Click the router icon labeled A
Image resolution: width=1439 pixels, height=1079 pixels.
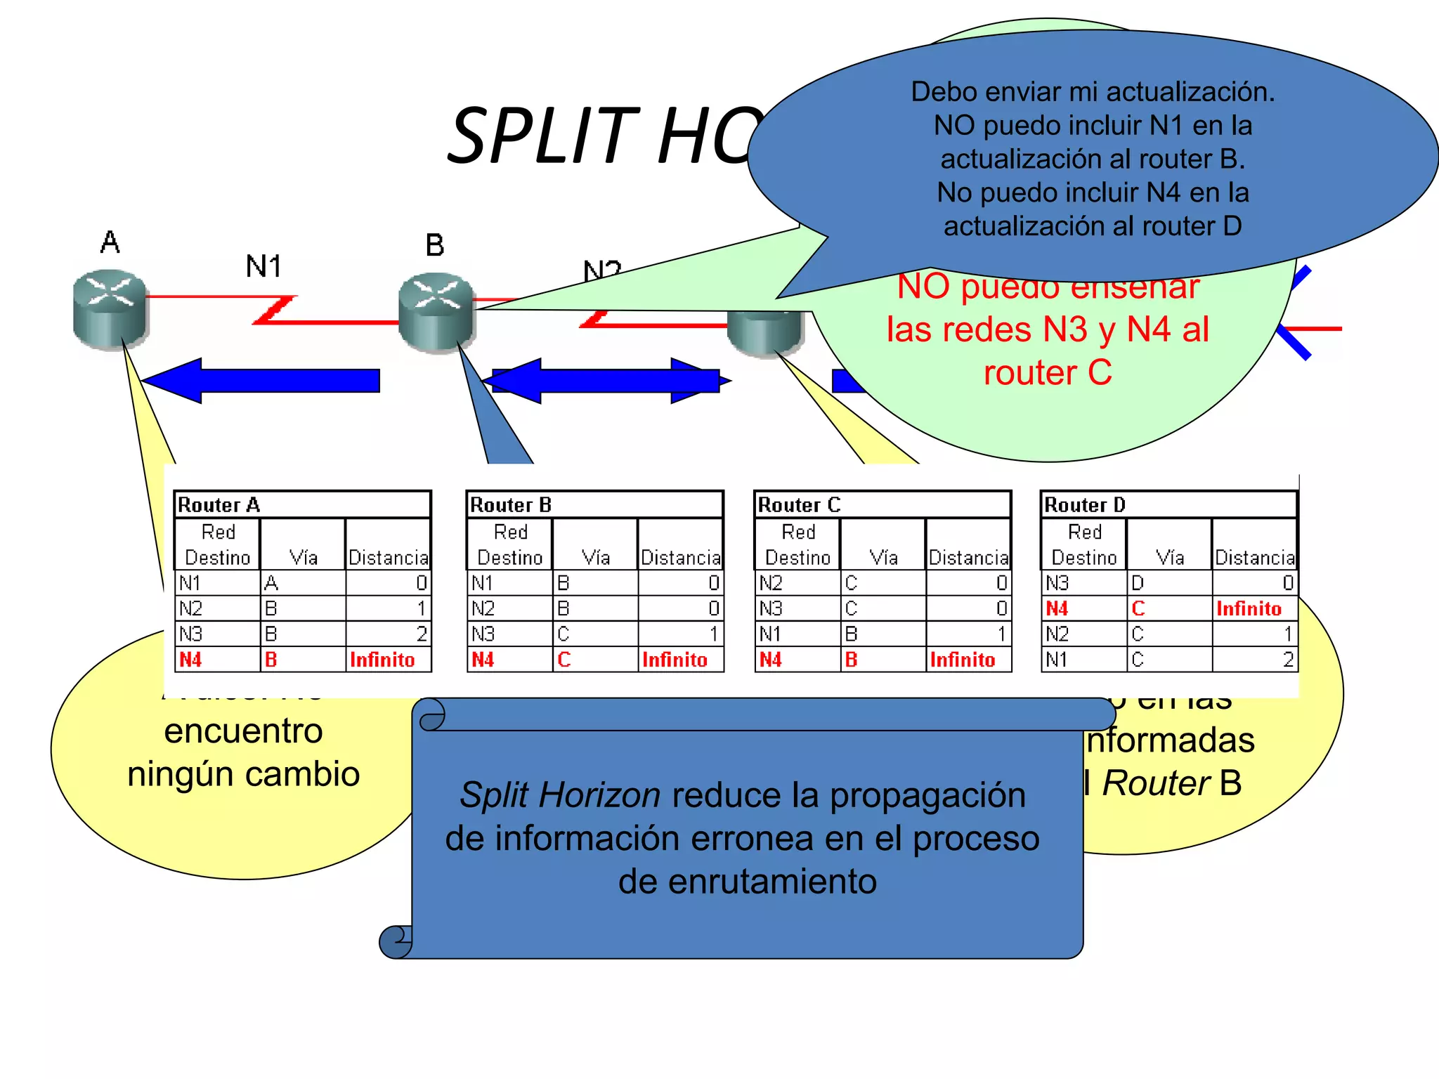click(x=110, y=309)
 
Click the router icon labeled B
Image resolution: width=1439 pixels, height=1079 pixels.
click(x=436, y=310)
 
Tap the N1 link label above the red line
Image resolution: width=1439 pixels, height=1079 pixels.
click(x=263, y=267)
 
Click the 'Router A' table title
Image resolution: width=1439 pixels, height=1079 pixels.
click(x=219, y=505)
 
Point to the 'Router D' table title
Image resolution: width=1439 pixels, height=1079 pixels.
click(x=1084, y=505)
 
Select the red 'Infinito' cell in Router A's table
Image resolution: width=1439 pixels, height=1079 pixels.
click(x=382, y=660)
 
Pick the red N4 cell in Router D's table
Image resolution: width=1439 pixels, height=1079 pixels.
click(x=1057, y=608)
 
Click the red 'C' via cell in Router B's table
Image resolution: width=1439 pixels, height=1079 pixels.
click(x=564, y=660)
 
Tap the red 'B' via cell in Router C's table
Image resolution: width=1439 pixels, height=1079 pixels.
click(x=851, y=660)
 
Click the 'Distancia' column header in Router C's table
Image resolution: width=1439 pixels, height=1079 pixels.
click(x=968, y=558)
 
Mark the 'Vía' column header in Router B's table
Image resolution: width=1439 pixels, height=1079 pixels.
click(x=595, y=558)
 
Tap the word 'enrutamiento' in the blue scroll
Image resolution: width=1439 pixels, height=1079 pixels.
click(x=747, y=882)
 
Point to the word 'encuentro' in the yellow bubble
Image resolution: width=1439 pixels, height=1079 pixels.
click(x=243, y=731)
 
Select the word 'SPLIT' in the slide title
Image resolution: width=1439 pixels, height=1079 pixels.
click(x=542, y=136)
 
